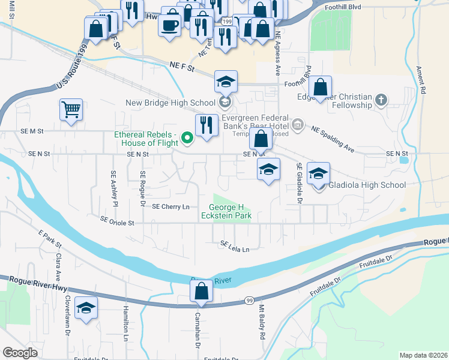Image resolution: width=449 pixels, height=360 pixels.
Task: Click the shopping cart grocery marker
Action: point(71,110)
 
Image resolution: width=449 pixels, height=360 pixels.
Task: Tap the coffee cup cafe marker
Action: point(169,25)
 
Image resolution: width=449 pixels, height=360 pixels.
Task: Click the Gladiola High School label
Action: point(367,185)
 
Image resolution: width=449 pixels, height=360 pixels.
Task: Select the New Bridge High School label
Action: point(170,103)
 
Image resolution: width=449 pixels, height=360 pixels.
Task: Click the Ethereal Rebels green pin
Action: point(187,139)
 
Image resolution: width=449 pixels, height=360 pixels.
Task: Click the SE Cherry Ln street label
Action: point(170,206)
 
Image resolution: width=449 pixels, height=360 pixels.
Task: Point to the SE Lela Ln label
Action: point(234,245)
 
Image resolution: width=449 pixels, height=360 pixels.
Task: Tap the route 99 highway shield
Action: point(250,299)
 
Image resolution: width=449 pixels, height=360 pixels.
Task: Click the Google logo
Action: point(20,353)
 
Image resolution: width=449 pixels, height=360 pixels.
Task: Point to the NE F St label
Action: point(183,68)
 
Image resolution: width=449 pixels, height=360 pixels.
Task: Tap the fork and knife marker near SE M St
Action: point(206,125)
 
